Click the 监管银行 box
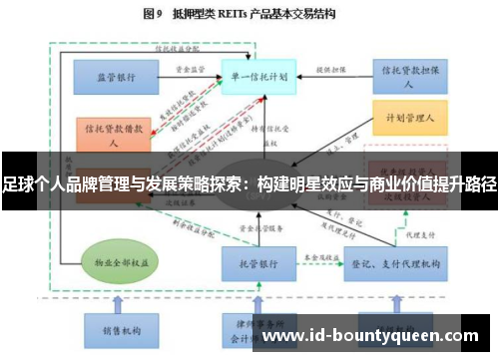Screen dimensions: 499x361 point(117,76)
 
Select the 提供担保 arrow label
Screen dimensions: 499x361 point(329,70)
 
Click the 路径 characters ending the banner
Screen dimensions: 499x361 point(481,184)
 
